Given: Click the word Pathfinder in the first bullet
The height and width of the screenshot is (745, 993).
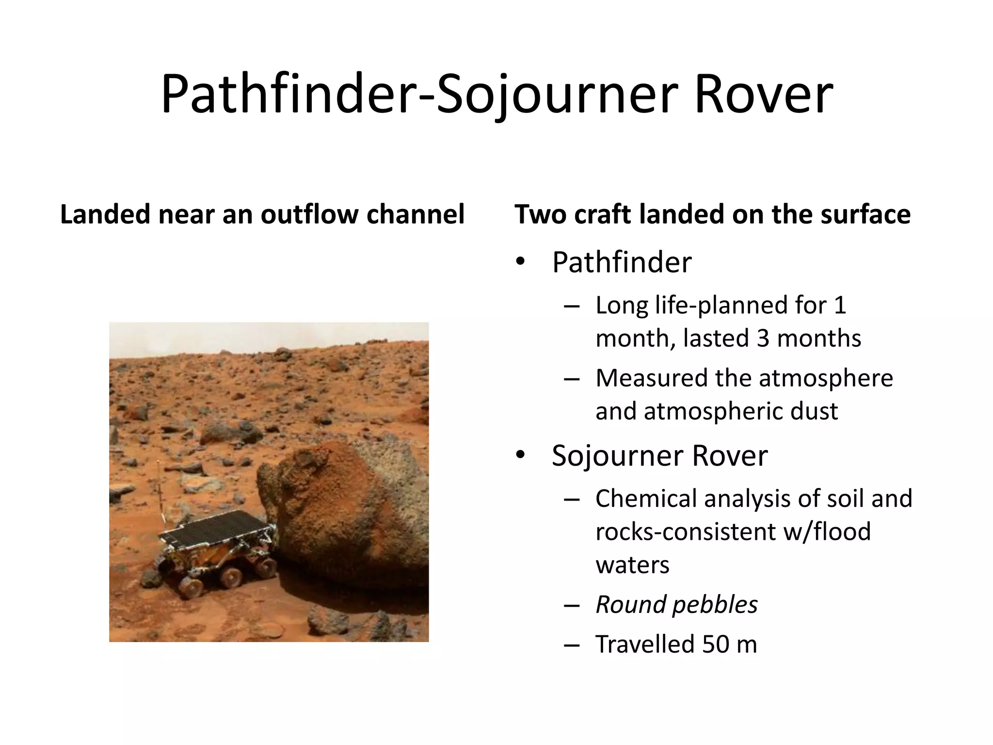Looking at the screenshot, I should (x=622, y=262).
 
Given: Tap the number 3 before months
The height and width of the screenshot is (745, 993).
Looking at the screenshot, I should (x=763, y=338).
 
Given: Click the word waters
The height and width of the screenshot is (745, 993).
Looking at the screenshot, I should (x=632, y=565).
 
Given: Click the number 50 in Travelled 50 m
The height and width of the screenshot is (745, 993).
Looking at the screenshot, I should (x=715, y=644).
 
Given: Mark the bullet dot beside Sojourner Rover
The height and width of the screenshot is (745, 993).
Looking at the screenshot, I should (x=521, y=455).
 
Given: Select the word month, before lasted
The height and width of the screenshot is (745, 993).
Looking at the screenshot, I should (x=635, y=339).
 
